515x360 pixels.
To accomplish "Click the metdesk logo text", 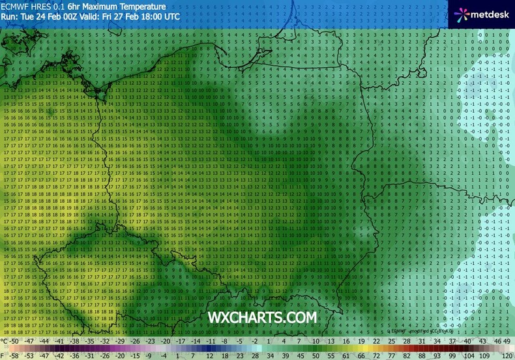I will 488,14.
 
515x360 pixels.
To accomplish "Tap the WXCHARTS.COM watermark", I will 262,317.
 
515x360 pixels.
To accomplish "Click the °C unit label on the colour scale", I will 6,340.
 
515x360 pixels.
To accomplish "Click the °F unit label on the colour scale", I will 6,355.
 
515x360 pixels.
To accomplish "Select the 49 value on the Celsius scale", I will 507,340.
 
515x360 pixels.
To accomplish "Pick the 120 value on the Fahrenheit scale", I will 505,355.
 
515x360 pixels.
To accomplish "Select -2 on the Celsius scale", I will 254,340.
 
